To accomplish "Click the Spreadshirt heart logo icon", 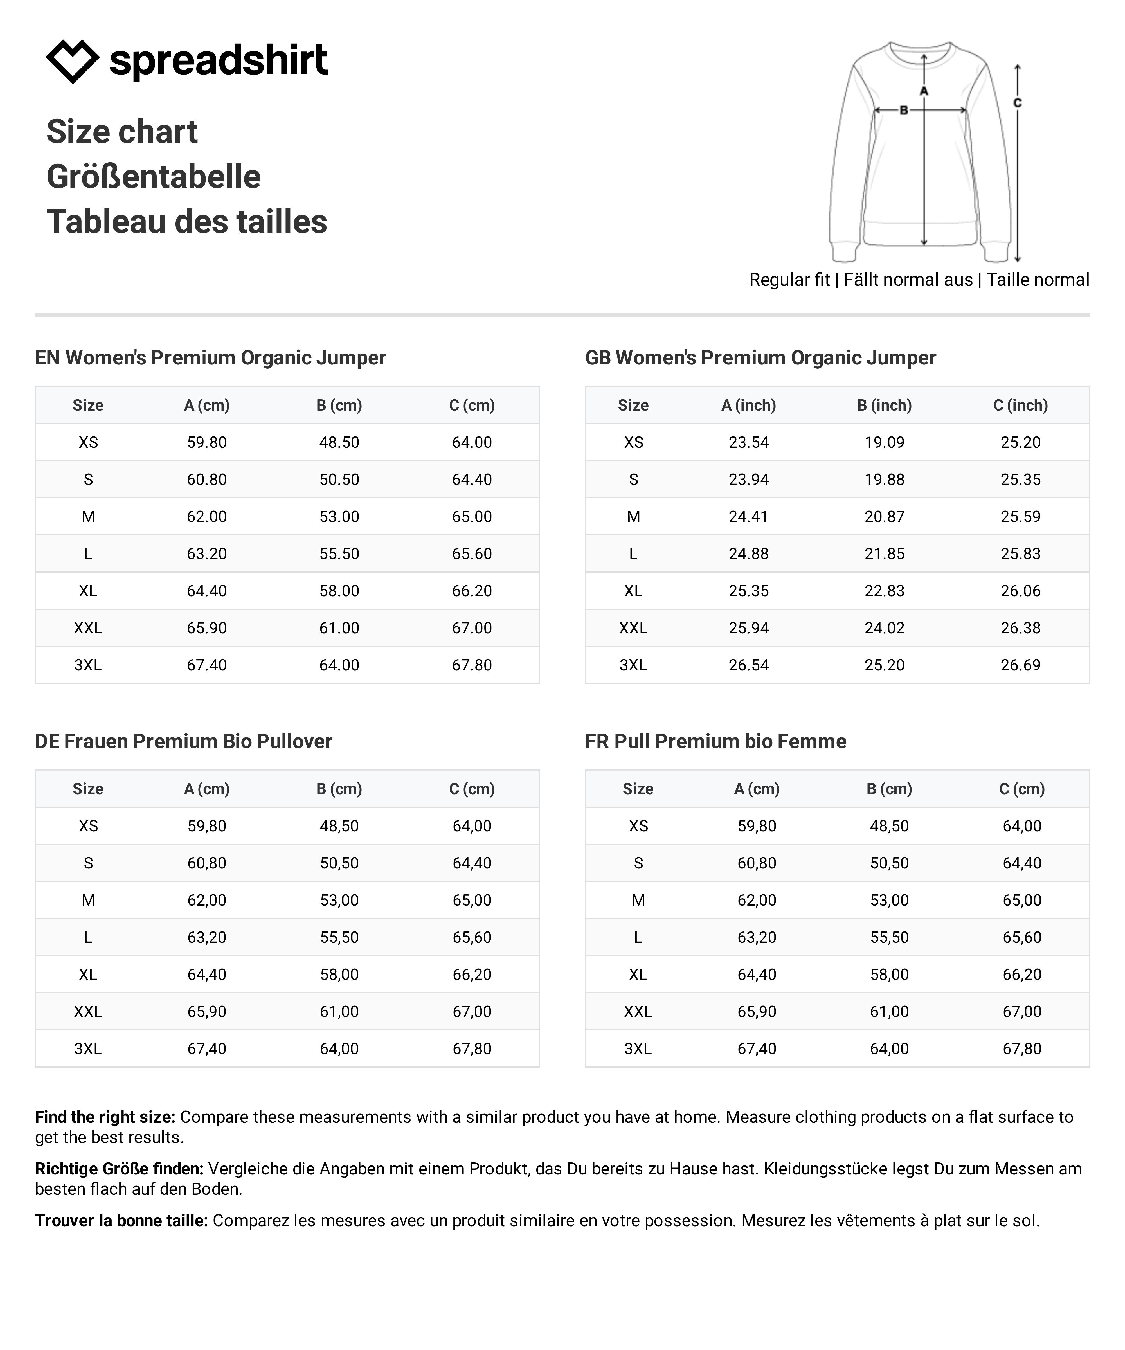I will tap(72, 61).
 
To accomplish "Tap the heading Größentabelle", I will tap(154, 177).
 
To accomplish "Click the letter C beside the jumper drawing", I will tap(1018, 103).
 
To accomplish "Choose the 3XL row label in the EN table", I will tap(88, 665).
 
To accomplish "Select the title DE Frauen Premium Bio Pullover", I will tap(183, 741).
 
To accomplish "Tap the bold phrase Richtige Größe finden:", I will tap(119, 1169).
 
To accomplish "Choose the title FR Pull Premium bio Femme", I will tap(715, 741).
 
